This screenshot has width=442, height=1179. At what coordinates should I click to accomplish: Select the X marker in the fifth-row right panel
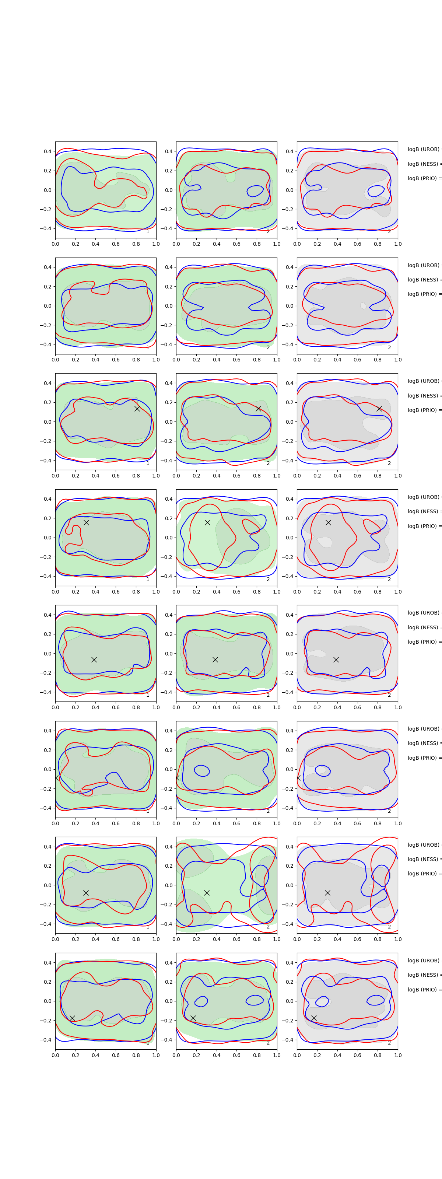pos(336,660)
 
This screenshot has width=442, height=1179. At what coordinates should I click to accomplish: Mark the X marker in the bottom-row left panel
pos(72,1018)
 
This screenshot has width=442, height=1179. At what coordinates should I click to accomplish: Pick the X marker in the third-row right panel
pos(379,408)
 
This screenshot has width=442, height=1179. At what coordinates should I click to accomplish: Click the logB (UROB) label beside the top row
pos(424,149)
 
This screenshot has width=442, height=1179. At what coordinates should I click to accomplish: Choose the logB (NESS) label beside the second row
pos(424,280)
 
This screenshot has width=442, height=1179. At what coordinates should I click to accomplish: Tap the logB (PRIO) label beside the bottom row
pos(424,990)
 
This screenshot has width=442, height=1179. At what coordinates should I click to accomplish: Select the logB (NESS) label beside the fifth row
pos(424,627)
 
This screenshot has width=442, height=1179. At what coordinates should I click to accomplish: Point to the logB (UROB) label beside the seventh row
pos(424,844)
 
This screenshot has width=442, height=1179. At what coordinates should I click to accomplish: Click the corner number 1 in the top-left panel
pos(148,232)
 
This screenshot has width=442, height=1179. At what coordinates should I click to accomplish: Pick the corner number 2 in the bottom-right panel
pos(389,1043)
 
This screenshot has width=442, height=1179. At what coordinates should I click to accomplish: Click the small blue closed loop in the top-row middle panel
pos(255,190)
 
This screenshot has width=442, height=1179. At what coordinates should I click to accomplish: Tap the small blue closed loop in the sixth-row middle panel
pos(202,771)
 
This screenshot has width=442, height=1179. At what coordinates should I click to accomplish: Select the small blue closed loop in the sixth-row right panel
pos(323,771)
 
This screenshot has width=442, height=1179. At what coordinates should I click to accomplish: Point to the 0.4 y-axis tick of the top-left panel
pos(48,151)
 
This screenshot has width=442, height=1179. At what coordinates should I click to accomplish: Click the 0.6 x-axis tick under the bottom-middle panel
pos(236,1055)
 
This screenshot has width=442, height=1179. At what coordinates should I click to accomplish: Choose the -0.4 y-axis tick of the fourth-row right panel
pos(288,576)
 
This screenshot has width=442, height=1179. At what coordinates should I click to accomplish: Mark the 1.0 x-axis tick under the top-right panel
pos(398,244)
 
